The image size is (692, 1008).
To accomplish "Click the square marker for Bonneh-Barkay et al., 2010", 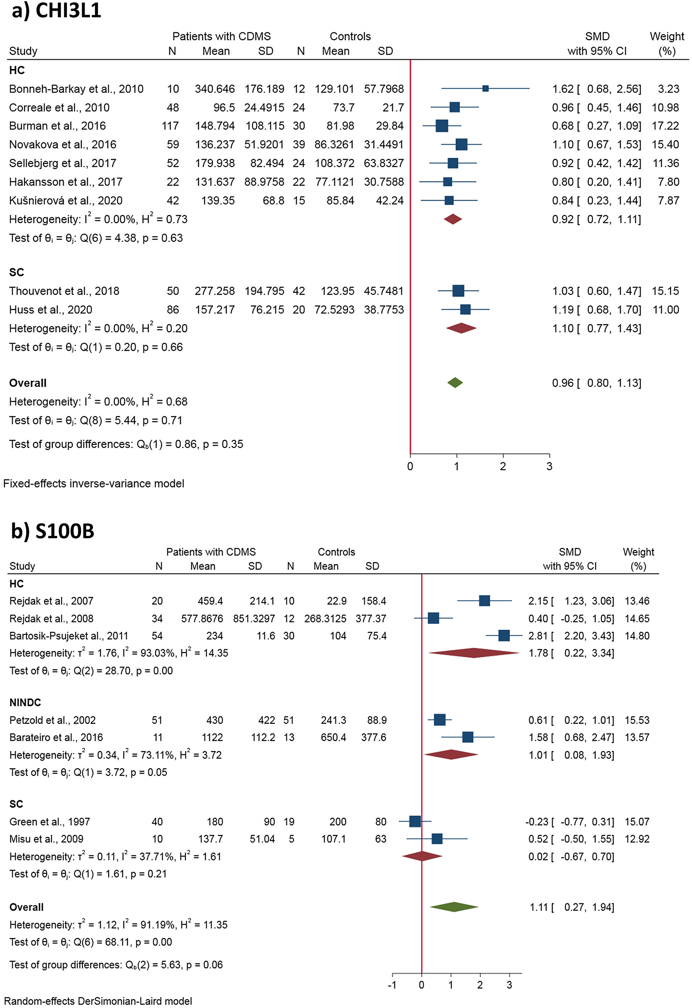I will (x=486, y=88).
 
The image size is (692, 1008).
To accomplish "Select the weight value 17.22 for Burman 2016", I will (x=665, y=126).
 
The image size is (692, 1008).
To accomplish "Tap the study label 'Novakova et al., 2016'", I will (x=63, y=144).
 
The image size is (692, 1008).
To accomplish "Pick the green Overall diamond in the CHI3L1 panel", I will (x=455, y=383).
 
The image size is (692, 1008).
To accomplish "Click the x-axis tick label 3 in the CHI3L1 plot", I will (x=549, y=467).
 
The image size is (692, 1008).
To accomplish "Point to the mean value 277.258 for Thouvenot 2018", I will (x=214, y=291).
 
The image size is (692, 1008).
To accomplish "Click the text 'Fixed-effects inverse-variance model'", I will (x=94, y=484).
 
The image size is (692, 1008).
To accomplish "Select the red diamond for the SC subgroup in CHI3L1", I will (x=461, y=328).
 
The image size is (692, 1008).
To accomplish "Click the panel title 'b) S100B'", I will (x=52, y=531).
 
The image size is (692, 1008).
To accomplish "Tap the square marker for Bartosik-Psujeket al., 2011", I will (x=504, y=636).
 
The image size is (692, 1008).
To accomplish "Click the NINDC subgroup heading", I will (x=25, y=703).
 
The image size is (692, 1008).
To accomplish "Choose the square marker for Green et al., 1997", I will (x=415, y=822).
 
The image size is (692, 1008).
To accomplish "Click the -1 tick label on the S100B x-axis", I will (x=392, y=985).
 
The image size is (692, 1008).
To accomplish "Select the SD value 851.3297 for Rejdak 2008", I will (x=254, y=619).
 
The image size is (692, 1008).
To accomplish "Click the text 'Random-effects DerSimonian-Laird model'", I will (x=98, y=1001).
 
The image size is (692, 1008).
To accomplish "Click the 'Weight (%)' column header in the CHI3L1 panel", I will (x=666, y=43).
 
